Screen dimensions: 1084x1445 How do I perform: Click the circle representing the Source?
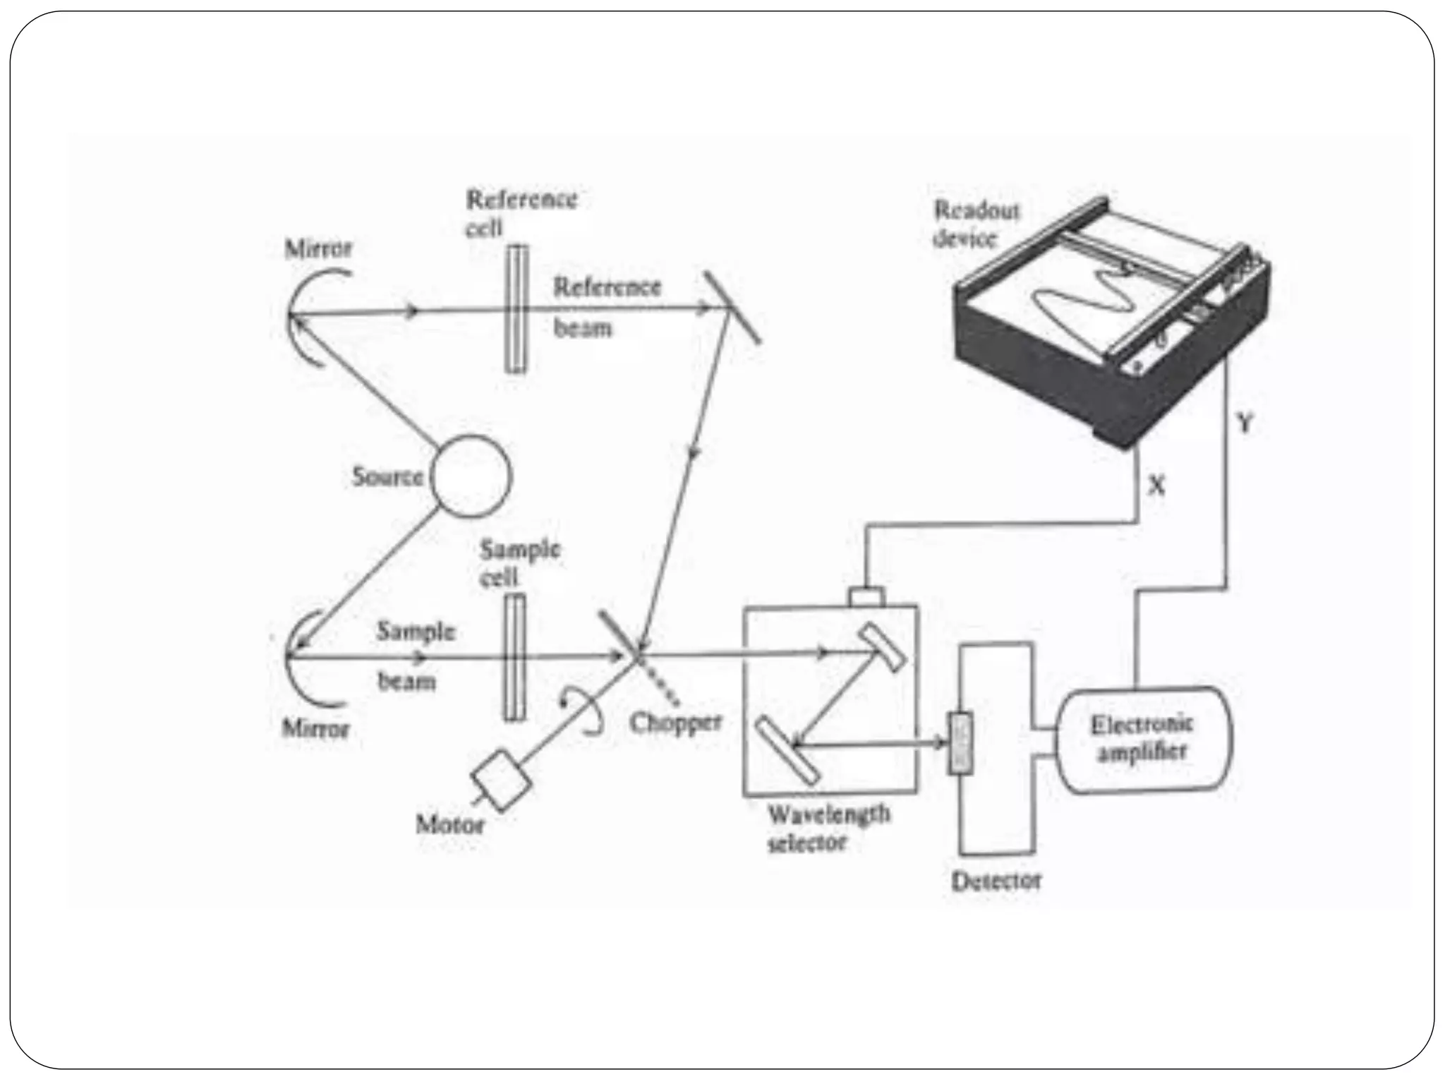[471, 476]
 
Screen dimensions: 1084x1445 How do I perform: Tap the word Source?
[387, 477]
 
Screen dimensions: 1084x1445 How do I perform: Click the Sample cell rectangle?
[514, 657]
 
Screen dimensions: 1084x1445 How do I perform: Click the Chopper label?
[675, 722]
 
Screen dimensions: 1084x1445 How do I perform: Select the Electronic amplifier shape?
[1143, 740]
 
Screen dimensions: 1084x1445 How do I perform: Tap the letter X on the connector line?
[1156, 485]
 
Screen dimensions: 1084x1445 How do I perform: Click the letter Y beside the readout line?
[1245, 423]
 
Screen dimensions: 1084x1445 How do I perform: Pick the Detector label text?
[996, 881]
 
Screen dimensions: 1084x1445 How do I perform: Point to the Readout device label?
[976, 224]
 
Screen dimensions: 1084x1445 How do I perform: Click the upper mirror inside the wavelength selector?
[882, 646]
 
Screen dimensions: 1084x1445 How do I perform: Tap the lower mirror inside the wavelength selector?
[788, 750]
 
